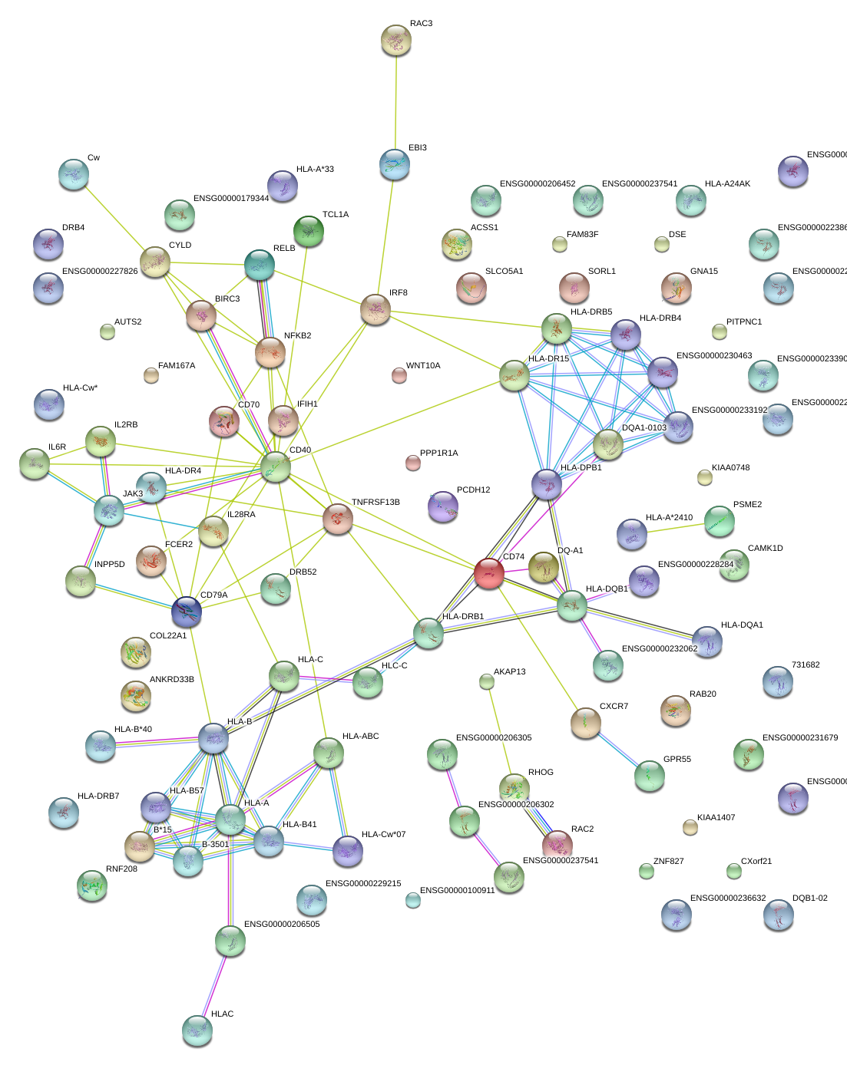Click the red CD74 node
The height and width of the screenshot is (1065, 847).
point(488,572)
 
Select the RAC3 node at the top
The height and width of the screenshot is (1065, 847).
point(396,40)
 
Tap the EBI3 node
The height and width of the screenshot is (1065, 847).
point(395,165)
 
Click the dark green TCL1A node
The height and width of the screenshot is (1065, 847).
point(309,231)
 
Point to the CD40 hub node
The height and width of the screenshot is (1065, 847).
point(276,467)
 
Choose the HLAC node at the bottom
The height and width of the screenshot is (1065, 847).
point(197,1030)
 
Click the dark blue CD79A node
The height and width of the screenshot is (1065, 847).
point(186,612)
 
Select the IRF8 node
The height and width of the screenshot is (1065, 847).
point(376,309)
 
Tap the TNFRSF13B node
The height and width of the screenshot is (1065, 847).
point(338,519)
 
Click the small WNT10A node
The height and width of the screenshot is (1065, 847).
point(399,374)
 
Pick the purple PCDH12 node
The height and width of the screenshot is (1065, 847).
point(442,506)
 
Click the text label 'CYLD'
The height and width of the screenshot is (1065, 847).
point(180,246)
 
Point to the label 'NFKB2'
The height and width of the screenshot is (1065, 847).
point(297,336)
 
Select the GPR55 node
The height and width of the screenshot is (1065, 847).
point(649,776)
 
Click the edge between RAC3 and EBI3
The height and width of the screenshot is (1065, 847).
point(396,100)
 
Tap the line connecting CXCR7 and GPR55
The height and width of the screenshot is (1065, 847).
point(617,750)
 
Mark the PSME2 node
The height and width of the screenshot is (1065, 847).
point(720,520)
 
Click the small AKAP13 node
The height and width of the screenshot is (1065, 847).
point(486,681)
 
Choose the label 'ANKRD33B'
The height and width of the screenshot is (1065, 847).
point(171,680)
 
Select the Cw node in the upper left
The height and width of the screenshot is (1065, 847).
point(73,174)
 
